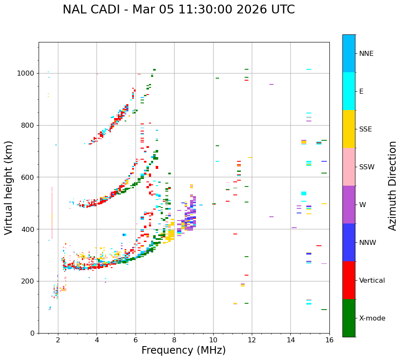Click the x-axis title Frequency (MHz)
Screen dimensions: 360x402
pyautogui.click(x=183, y=350)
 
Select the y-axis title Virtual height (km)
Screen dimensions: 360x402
pyautogui.click(x=9, y=188)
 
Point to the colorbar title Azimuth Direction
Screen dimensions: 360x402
pyautogui.click(x=392, y=186)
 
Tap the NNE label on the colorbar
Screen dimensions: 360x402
pyautogui.click(x=366, y=54)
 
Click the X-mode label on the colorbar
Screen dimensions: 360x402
pyautogui.click(x=372, y=318)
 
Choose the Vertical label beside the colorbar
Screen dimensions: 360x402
pyautogui.click(x=372, y=281)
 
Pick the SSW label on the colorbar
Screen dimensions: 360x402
pyautogui.click(x=367, y=167)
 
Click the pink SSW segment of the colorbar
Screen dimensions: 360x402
pyautogui.click(x=349, y=167)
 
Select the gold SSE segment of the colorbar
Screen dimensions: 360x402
pyautogui.click(x=349, y=129)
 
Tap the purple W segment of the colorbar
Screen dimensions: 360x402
pyautogui.click(x=349, y=205)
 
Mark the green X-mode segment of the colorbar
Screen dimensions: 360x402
pyautogui.click(x=349, y=318)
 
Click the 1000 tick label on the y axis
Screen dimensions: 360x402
pyautogui.click(x=26, y=74)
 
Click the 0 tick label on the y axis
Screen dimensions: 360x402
pyautogui.click(x=33, y=333)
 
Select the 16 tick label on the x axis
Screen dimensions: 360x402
pyautogui.click(x=329, y=340)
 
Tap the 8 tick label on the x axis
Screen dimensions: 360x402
pyautogui.click(x=174, y=340)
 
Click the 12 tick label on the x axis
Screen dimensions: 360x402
pyautogui.click(x=252, y=340)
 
